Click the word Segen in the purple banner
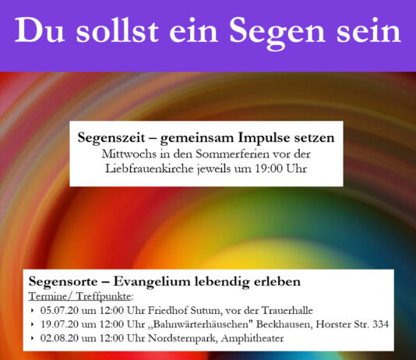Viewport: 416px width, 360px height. tap(277, 32)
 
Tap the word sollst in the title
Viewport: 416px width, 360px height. tap(118, 30)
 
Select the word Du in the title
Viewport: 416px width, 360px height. tap(40, 30)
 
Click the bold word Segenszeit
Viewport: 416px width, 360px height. tap(111, 138)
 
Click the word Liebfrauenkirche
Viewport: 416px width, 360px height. tap(149, 169)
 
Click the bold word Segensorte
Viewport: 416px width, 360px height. tap(63, 281)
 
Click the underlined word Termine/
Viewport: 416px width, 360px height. tap(50, 296)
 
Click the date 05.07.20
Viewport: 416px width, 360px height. tap(59, 310)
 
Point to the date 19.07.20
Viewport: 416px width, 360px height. tap(59, 324)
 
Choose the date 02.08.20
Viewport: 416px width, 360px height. tap(59, 338)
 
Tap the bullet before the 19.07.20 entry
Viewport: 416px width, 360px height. tap(33, 324)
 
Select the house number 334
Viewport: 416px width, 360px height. tap(381, 324)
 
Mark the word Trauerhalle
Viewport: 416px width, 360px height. tap(287, 310)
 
